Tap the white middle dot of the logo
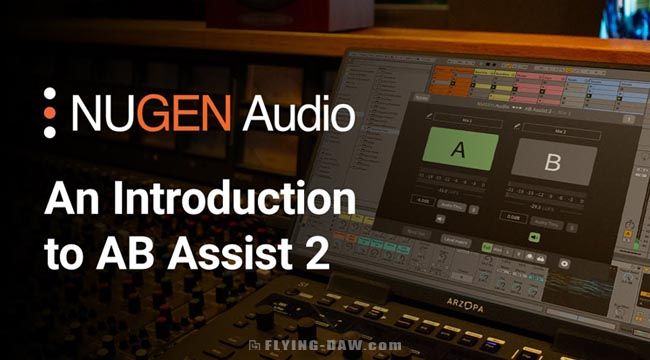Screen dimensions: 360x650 (x=50, y=112)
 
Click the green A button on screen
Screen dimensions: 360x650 (x=459, y=153)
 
